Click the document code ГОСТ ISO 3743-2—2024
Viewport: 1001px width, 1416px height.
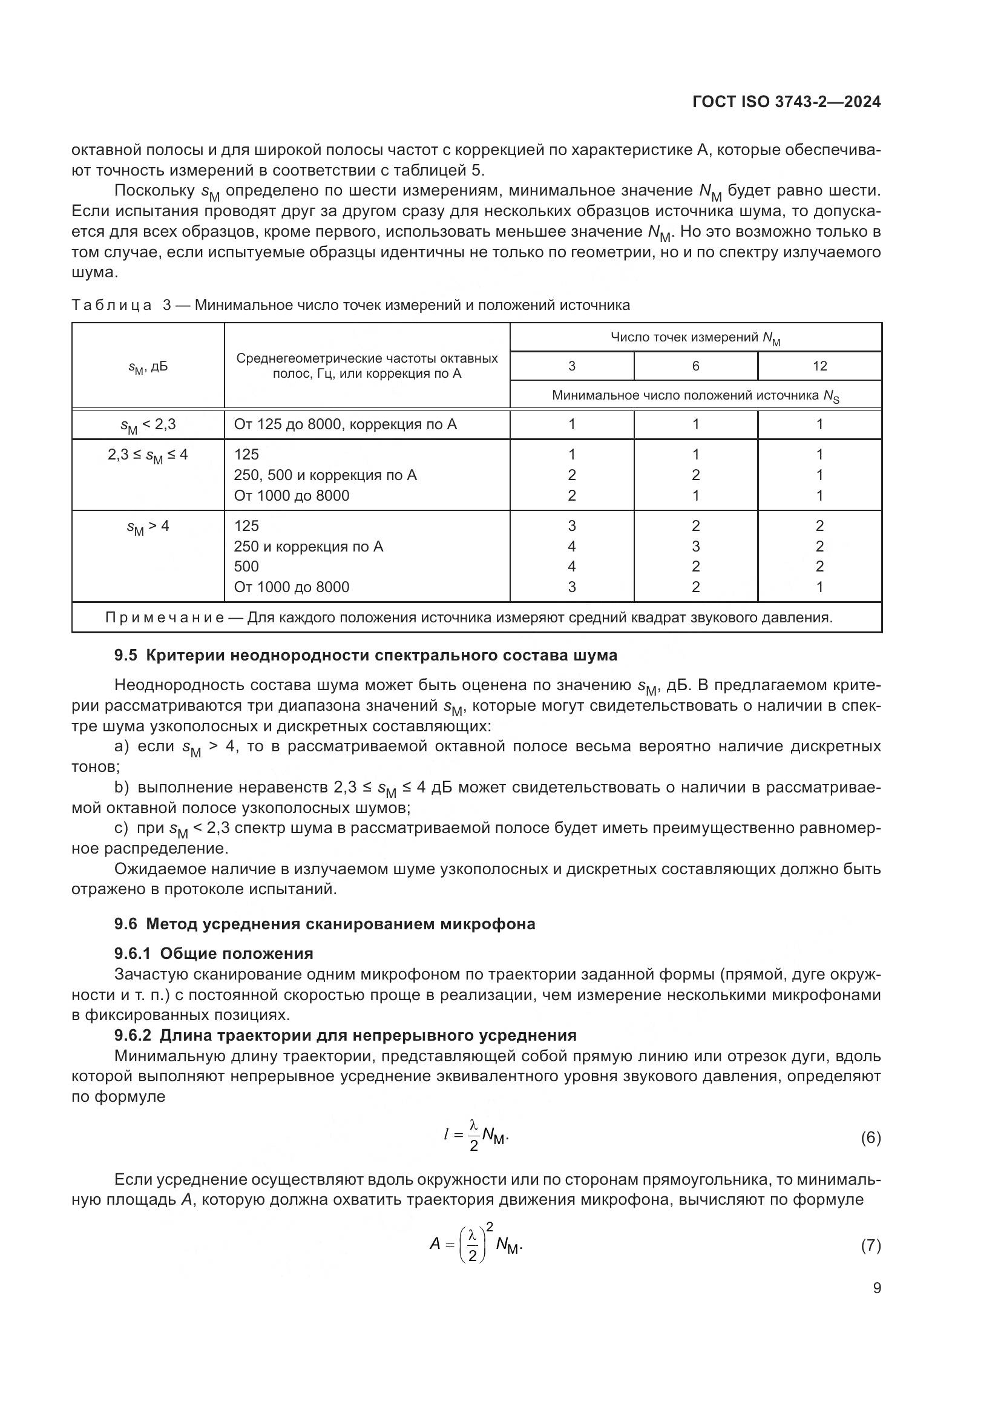coord(786,102)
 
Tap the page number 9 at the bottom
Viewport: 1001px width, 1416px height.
coord(876,1288)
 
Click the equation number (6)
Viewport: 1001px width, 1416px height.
coord(870,1138)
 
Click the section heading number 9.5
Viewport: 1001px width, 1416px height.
coord(126,655)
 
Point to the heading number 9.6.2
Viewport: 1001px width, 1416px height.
coord(133,1035)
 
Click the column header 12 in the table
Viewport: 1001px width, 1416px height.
coord(819,366)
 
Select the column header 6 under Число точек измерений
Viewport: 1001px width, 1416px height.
coord(695,366)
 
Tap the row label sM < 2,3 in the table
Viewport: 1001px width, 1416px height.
coord(148,425)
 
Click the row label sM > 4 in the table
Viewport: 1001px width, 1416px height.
coord(148,527)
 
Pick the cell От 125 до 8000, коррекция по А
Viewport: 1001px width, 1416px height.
coord(345,424)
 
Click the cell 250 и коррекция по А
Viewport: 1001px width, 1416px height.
coord(308,547)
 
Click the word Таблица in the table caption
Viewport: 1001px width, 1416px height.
coord(111,305)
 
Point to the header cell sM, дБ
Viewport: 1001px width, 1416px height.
coord(148,367)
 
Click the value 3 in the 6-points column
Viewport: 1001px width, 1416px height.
coord(695,547)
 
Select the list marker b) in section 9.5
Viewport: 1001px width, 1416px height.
coord(122,788)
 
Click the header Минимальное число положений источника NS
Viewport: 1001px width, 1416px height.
coord(695,395)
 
